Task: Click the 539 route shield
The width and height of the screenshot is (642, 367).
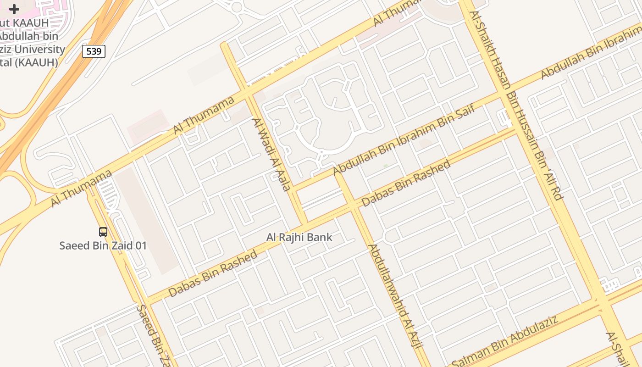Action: [94, 51]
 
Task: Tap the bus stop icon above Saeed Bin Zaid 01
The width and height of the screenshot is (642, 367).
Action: [103, 232]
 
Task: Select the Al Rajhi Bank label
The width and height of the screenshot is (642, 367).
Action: [299, 238]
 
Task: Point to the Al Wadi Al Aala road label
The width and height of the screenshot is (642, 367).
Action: [271, 154]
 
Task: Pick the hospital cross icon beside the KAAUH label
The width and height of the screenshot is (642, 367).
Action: [14, 9]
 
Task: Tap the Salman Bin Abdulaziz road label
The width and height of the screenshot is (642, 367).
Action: [504, 339]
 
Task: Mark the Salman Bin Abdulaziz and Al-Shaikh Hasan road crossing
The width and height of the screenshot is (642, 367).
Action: [601, 303]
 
